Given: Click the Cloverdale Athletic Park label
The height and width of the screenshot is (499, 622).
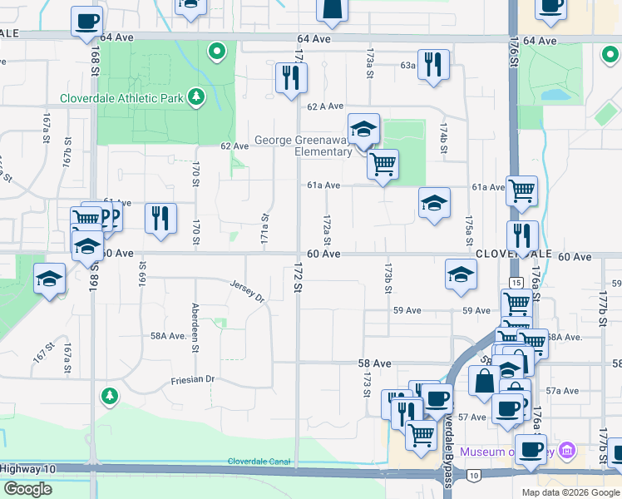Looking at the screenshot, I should click(x=122, y=97).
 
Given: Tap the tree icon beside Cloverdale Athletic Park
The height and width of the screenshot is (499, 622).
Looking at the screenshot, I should click(x=196, y=97).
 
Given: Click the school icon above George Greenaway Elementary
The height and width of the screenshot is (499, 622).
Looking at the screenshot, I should click(x=363, y=129).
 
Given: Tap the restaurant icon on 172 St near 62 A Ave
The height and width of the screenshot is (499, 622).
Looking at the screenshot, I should click(x=291, y=79).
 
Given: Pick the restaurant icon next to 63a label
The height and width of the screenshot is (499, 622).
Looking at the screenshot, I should click(x=432, y=64).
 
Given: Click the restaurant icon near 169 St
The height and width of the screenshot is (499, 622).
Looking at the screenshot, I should click(x=160, y=219).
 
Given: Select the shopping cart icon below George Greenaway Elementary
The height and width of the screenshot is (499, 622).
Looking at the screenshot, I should click(x=383, y=164).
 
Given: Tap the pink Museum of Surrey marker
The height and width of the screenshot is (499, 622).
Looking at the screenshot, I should click(x=568, y=452).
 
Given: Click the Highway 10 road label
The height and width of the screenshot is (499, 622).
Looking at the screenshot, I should click(x=27, y=469).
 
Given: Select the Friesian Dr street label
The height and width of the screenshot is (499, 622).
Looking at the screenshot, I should click(x=193, y=379).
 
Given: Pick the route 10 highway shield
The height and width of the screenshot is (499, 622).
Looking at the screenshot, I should click(x=473, y=475).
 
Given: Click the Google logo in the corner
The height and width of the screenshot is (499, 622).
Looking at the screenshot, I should click(x=27, y=489).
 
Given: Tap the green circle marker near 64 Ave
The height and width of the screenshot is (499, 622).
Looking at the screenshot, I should click(x=217, y=52).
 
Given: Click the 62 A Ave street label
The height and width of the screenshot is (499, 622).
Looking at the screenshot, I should click(x=325, y=106).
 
